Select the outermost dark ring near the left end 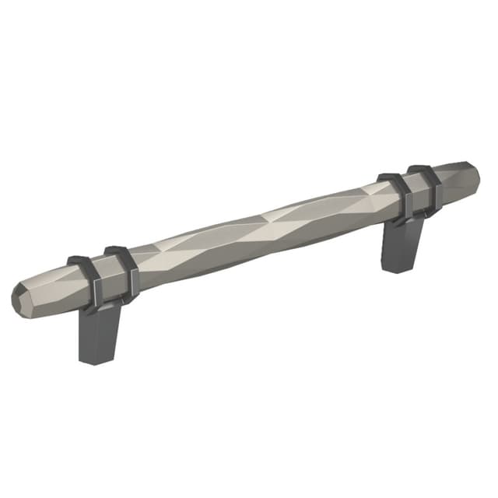82,280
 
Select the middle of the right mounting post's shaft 400,245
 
